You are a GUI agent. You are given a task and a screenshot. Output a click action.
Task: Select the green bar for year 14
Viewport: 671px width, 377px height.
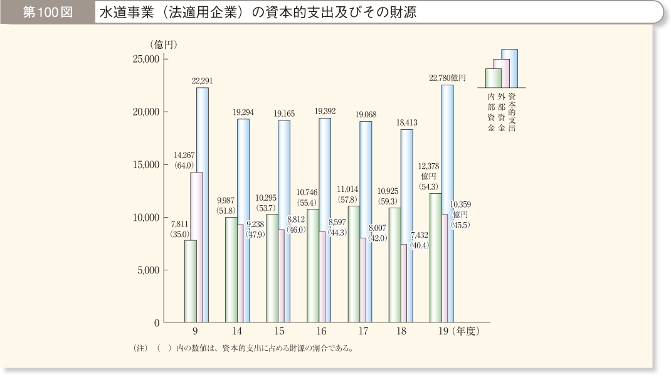pos(231,270)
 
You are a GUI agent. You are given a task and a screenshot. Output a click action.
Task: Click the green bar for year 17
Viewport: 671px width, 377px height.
pos(354,264)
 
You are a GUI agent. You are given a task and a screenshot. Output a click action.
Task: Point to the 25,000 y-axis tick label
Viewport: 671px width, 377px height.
pos(144,59)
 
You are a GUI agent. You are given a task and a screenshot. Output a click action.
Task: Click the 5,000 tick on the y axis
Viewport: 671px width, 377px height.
pos(146,270)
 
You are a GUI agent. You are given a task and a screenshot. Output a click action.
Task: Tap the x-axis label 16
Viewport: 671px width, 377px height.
pos(321,331)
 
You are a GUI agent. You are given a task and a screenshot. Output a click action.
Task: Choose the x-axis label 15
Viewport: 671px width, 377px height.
pos(280,331)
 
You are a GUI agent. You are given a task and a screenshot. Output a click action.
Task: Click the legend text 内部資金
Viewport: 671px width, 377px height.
pos(490,112)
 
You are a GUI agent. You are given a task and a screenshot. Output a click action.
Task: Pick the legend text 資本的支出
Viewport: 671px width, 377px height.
pos(512,112)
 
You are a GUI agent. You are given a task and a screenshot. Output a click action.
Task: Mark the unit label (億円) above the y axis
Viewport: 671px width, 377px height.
pos(164,45)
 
